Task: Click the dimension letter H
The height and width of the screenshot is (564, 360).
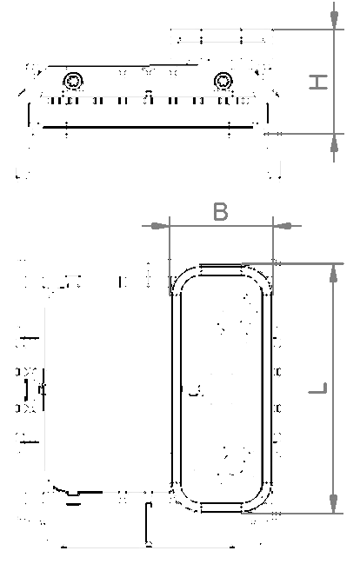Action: point(318,82)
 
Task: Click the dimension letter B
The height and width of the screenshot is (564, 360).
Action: point(221,211)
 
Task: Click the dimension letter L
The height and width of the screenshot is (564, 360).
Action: point(318,388)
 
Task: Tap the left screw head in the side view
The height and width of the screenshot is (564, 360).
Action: point(73,81)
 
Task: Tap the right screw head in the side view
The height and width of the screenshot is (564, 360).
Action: point(223,81)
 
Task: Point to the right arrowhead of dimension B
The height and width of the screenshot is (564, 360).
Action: point(283,226)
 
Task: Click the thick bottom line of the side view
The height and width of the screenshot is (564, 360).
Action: point(148,127)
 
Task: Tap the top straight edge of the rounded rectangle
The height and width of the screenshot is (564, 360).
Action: point(220,266)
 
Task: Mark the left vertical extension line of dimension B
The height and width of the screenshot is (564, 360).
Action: point(170,256)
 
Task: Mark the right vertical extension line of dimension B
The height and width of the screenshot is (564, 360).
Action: point(272,256)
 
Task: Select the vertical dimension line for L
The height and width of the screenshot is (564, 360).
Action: point(334,388)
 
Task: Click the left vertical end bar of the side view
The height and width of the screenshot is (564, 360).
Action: point(29,115)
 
